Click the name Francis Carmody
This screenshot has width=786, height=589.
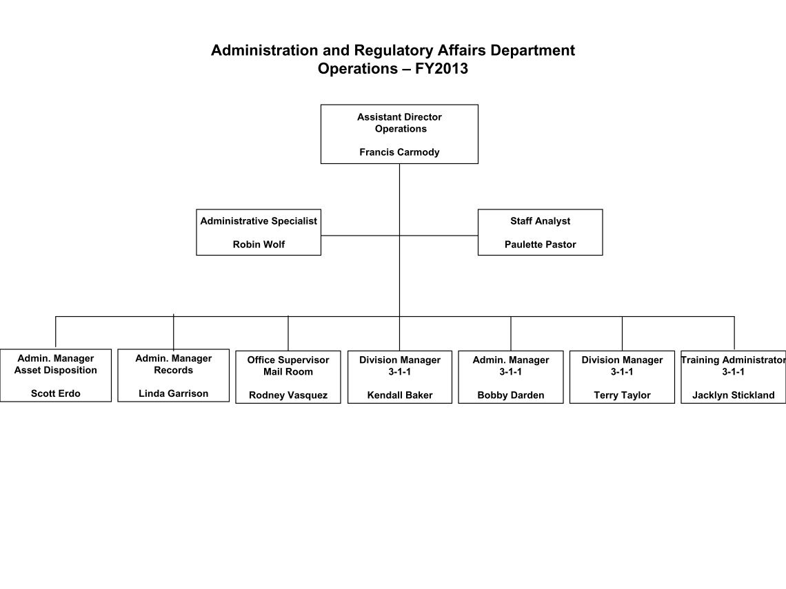point(399,152)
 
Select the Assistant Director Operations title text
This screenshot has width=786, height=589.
point(399,123)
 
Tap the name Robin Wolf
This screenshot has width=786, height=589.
point(259,245)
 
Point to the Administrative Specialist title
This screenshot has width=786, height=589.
point(259,221)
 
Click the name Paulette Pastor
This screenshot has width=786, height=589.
point(541,245)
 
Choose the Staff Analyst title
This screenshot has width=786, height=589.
point(541,221)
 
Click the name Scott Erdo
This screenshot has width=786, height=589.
point(56,393)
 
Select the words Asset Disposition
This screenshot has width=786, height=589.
point(56,370)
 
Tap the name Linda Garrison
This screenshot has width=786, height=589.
point(174,393)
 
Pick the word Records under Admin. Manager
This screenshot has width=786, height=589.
point(174,370)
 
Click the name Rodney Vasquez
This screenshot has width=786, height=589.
point(288,395)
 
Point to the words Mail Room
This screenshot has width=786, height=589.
point(288,371)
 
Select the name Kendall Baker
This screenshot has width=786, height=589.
point(400,395)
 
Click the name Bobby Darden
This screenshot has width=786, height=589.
point(511,395)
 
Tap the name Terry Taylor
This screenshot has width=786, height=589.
point(622,395)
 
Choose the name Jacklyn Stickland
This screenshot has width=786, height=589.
point(734,395)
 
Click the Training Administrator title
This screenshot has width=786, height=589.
point(734,360)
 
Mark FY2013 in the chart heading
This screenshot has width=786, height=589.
point(442,68)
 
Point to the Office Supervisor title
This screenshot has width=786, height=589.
point(288,360)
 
